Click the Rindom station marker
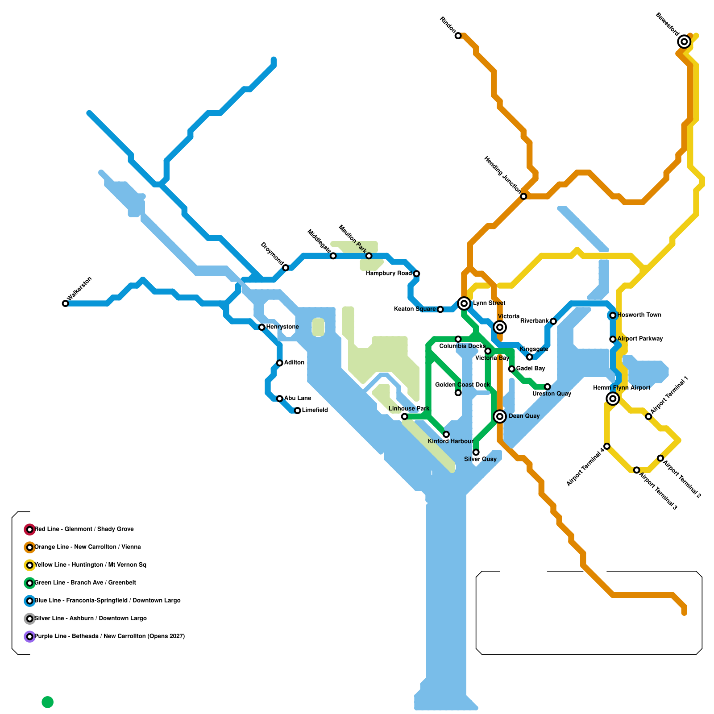pyautogui.click(x=458, y=36)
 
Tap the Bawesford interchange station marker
pyautogui.click(x=684, y=42)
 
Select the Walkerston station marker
pyautogui.click(x=66, y=303)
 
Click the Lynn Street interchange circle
pyautogui.click(x=464, y=303)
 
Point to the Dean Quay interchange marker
pyautogui.click(x=500, y=416)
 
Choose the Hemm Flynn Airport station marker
pyautogui.click(x=613, y=399)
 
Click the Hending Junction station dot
pyautogui.click(x=523, y=196)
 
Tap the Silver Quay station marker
pyautogui.click(x=476, y=452)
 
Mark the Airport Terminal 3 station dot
pyautogui.click(x=637, y=470)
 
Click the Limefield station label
pyautogui.click(x=315, y=410)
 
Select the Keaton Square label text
pyautogui.click(x=415, y=309)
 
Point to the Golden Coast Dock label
pyautogui.click(x=462, y=385)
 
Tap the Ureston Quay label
pyautogui.click(x=552, y=394)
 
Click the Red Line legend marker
pyautogui.click(x=29, y=529)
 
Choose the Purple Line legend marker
pyautogui.click(x=29, y=636)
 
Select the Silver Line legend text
pyautogui.click(x=91, y=619)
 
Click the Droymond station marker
pyautogui.click(x=286, y=268)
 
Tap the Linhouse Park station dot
pyautogui.click(x=404, y=416)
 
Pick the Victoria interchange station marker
pyautogui.click(x=500, y=327)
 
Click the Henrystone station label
pyautogui.click(x=282, y=327)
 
